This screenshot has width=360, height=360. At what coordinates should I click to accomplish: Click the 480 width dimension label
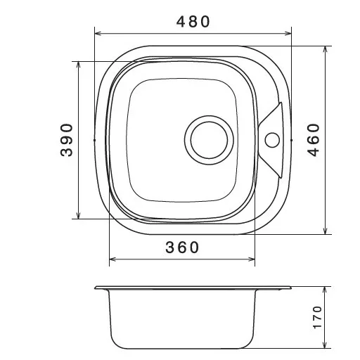[x=193, y=22]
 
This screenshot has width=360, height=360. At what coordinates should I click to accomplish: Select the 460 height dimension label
[x=314, y=140]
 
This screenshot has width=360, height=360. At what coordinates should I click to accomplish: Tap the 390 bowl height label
[x=67, y=140]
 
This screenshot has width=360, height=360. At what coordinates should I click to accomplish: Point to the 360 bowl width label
[x=182, y=247]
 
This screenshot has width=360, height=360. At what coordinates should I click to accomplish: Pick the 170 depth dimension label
[x=317, y=317]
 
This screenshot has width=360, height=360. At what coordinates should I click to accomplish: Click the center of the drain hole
[x=209, y=140]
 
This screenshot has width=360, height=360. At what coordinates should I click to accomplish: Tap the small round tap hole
[x=272, y=140]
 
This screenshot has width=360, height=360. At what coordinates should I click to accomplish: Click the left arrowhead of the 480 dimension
[x=98, y=34]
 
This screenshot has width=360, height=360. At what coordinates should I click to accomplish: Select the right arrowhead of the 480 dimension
[x=288, y=34]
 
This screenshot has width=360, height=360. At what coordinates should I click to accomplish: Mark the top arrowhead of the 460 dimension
[x=325, y=49]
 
